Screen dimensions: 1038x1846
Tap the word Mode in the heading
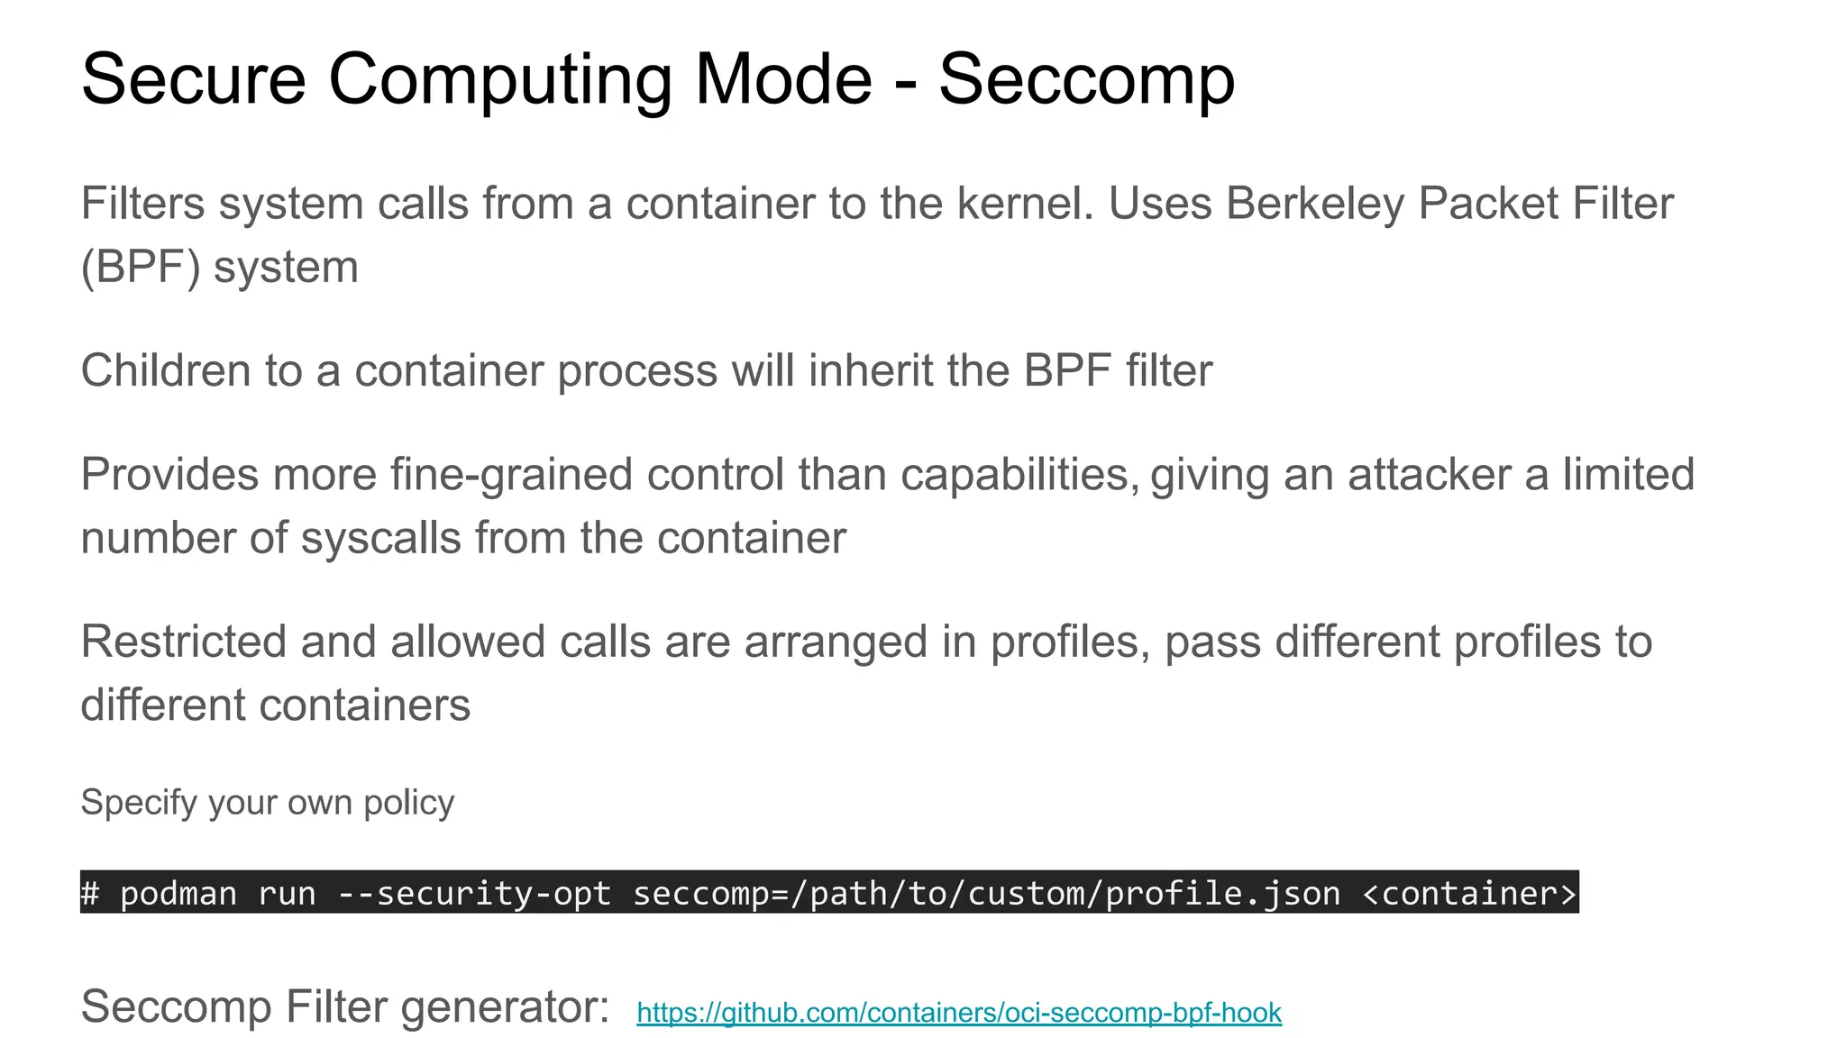782,79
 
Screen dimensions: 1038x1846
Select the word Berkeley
1314,204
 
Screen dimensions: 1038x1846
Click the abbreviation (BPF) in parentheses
141,268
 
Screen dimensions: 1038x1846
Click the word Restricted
183,642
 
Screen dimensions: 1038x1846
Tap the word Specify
138,803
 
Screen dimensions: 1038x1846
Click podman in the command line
178,893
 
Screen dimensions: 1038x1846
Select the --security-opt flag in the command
474,893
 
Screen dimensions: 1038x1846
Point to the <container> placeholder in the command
1469,893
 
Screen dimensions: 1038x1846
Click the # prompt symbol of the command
90,893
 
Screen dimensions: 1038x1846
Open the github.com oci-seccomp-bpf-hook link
958,1013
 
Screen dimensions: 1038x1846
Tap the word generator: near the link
505,1007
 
